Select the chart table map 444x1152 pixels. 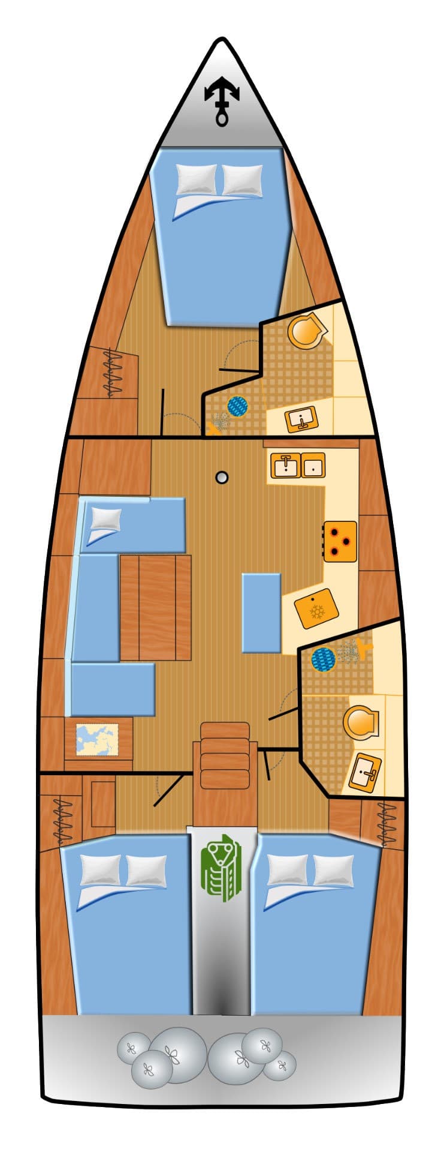point(98,739)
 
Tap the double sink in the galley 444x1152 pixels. point(298,465)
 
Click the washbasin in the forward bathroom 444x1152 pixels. point(301,418)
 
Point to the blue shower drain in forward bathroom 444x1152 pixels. point(238,406)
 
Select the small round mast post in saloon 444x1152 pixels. point(222,478)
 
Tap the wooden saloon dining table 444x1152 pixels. point(155,607)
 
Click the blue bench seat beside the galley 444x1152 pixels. point(261,613)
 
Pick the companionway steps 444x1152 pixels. point(224,755)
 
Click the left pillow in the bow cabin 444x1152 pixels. point(197,179)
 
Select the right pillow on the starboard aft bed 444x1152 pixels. point(333,870)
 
